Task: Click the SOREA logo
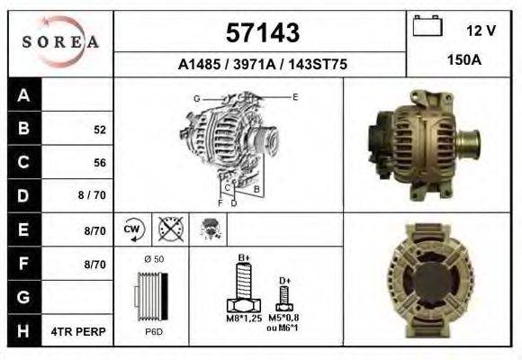[59, 42]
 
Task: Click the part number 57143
[261, 33]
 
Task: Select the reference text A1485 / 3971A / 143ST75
[262, 65]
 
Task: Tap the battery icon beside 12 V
[427, 26]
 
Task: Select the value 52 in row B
[99, 130]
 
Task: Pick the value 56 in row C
[99, 163]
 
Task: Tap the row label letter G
[23, 297]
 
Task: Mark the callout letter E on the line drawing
[295, 96]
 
